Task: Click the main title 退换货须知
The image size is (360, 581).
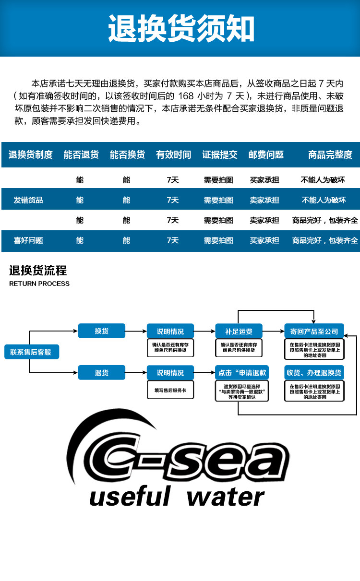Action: pyautogui.click(x=181, y=28)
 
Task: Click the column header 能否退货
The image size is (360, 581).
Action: pyautogui.click(x=81, y=154)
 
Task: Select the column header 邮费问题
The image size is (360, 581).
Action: pyautogui.click(x=266, y=154)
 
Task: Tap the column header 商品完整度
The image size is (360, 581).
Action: pyautogui.click(x=330, y=154)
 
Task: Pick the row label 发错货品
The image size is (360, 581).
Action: pyautogui.click(x=28, y=200)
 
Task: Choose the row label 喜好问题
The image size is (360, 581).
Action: pyautogui.click(x=28, y=240)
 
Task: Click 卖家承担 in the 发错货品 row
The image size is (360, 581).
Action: pyautogui.click(x=264, y=200)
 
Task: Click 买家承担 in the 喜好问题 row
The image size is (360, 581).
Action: pyautogui.click(x=264, y=240)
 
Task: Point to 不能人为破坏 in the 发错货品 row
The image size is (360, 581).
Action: pyautogui.click(x=324, y=200)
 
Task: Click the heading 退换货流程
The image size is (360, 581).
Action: pyautogui.click(x=38, y=271)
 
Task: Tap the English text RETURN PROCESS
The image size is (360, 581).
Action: pyautogui.click(x=39, y=284)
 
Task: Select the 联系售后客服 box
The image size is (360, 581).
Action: pyautogui.click(x=32, y=352)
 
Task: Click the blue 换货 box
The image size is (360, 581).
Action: pyautogui.click(x=101, y=331)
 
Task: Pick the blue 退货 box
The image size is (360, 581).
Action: pyautogui.click(x=101, y=372)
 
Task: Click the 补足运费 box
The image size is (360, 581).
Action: pyautogui.click(x=239, y=331)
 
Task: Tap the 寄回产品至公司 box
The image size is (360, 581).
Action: pyautogui.click(x=314, y=331)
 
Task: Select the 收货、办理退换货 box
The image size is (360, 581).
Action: pyautogui.click(x=314, y=372)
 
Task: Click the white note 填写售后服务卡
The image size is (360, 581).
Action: pyautogui.click(x=170, y=390)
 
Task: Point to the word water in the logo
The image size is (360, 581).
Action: pyautogui.click(x=225, y=497)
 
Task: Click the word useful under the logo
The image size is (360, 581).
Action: pyautogui.click(x=130, y=496)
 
